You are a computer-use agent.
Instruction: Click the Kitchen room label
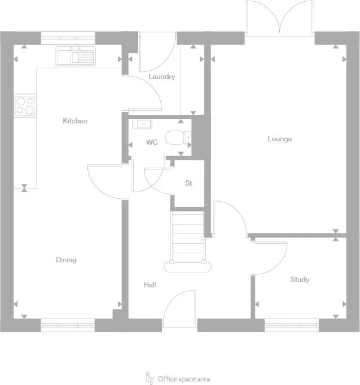click(75, 121)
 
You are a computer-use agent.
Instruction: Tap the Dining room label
click(66, 260)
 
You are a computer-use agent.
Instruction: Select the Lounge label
click(279, 139)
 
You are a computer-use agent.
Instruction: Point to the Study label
click(300, 280)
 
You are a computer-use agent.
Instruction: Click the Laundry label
click(161, 77)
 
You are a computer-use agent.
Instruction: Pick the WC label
click(152, 143)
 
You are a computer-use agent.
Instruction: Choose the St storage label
click(188, 183)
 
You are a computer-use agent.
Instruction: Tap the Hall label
click(150, 285)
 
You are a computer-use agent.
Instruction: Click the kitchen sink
click(75, 56)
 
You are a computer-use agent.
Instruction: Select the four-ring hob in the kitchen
click(25, 105)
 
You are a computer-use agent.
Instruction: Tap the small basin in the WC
click(143, 125)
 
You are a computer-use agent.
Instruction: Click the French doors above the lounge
click(279, 19)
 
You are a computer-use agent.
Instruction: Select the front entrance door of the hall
click(179, 308)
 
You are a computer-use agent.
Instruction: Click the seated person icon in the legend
click(150, 378)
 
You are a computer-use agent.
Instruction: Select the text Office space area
click(184, 379)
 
